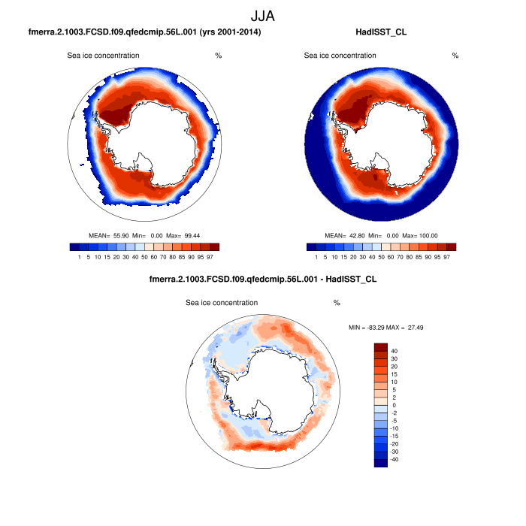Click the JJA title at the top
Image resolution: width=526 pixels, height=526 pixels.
pos(262,15)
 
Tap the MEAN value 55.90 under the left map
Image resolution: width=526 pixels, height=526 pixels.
pos(122,235)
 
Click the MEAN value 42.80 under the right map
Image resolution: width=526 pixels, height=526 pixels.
pos(360,235)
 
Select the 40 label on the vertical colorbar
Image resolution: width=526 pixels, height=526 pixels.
pos(394,351)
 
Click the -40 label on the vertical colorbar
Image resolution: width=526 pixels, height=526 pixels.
pos(395,458)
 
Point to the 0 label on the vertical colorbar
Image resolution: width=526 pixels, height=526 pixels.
pos(392,405)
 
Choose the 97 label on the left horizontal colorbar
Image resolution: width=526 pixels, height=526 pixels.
pos(214,257)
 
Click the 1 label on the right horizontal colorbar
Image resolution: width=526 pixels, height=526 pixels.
pos(316,257)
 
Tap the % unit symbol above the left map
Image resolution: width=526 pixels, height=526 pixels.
pos(218,56)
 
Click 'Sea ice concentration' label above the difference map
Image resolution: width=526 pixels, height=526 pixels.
pos(222,303)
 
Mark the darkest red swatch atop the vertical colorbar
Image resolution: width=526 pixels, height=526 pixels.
pos(381,347)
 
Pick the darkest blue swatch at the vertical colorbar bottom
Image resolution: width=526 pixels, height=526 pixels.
pos(381,462)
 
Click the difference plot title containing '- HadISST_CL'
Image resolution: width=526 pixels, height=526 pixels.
pos(263,280)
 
